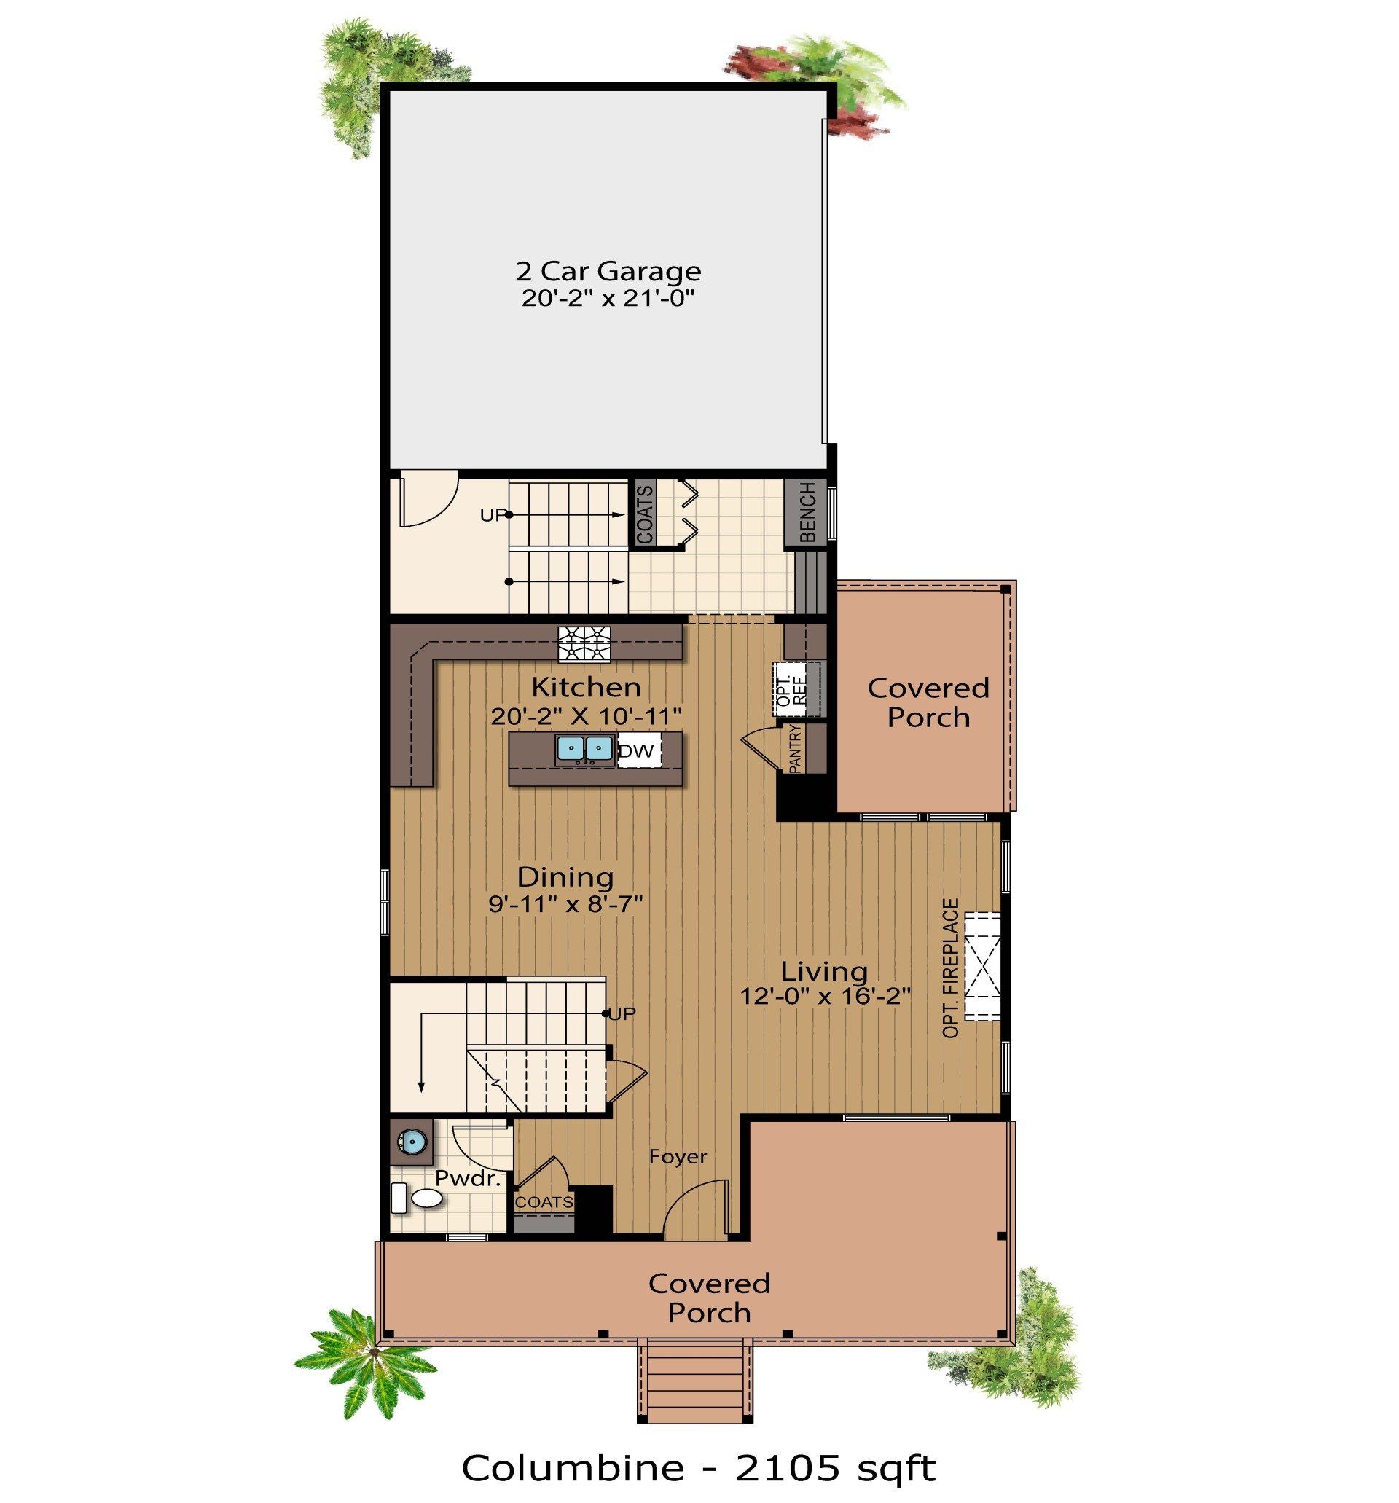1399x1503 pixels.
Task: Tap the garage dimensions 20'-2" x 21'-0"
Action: (x=607, y=299)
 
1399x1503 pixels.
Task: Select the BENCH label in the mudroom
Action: (x=807, y=514)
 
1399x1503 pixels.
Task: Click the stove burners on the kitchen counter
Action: (x=584, y=644)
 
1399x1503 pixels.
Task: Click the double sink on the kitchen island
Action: (x=584, y=748)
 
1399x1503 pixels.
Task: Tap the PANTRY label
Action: (x=795, y=749)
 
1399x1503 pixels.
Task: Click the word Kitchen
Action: (x=586, y=687)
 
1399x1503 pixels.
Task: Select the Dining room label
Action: (x=565, y=877)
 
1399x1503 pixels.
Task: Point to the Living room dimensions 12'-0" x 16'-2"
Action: (x=824, y=997)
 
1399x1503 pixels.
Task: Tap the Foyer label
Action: (x=678, y=1156)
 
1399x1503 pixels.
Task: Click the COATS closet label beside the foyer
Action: (x=544, y=1201)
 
